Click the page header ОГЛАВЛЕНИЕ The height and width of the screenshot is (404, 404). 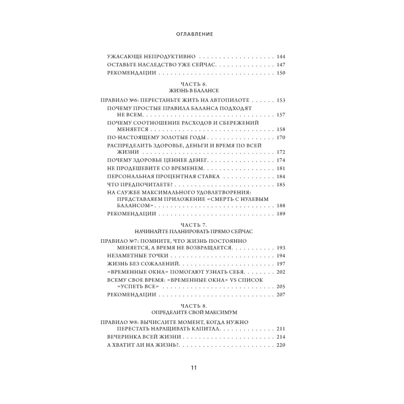195,34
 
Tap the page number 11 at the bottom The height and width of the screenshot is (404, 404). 194,368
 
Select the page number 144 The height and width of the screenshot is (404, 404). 281,57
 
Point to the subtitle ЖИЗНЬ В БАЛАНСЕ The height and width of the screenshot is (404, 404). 194,90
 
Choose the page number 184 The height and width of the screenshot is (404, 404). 281,177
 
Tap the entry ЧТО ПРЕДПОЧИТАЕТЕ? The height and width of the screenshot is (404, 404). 135,185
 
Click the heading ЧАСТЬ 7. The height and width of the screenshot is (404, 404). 194,225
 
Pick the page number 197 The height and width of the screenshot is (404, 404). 281,264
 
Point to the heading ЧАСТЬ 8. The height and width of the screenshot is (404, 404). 194,305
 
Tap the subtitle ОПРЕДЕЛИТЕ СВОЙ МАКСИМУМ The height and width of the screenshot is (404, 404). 194,312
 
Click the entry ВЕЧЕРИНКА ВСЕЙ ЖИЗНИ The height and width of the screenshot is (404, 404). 144,337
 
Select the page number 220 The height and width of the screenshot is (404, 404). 281,345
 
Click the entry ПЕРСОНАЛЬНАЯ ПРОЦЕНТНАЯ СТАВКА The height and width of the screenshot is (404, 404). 163,177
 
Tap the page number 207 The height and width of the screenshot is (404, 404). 281,295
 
